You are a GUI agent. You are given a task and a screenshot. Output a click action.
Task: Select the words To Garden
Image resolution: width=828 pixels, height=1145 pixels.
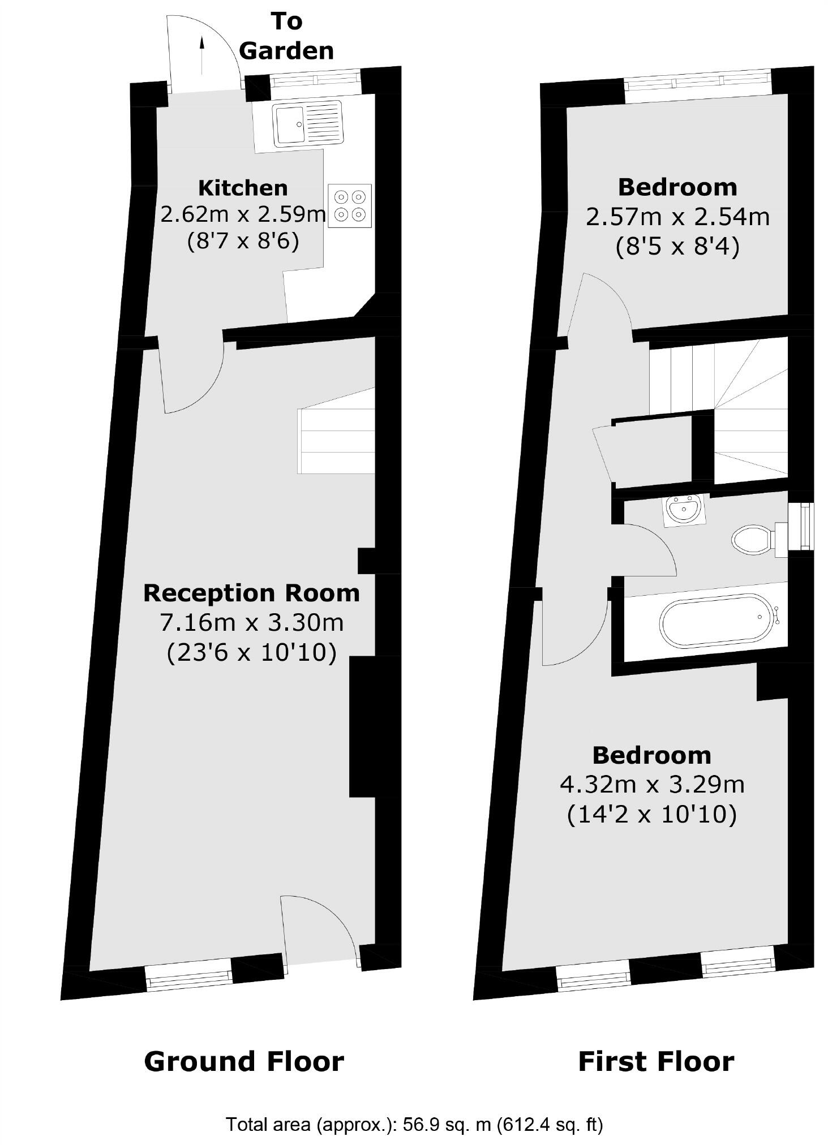click(x=286, y=36)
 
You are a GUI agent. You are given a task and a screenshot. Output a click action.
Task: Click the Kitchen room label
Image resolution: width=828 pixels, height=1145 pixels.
click(x=243, y=187)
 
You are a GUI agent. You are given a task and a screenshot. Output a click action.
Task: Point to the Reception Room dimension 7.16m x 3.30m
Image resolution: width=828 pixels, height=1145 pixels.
click(x=252, y=622)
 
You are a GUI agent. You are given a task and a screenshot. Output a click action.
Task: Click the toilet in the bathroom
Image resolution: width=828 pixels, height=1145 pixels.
click(x=753, y=540)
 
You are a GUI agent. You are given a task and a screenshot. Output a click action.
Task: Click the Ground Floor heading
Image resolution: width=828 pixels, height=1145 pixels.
click(x=244, y=1061)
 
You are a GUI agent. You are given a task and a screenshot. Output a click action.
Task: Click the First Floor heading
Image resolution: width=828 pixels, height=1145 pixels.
click(x=656, y=1061)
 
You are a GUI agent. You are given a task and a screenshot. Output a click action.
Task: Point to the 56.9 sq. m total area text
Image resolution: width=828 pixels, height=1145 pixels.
click(x=414, y=1125)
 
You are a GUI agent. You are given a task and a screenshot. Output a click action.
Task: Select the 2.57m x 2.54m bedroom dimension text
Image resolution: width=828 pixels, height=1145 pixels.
click(x=677, y=217)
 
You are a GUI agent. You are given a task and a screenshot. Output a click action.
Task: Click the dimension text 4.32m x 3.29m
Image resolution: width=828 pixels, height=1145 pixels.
click(x=652, y=785)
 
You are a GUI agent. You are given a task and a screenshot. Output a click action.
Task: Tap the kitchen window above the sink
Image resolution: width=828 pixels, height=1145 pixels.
click(x=315, y=80)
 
